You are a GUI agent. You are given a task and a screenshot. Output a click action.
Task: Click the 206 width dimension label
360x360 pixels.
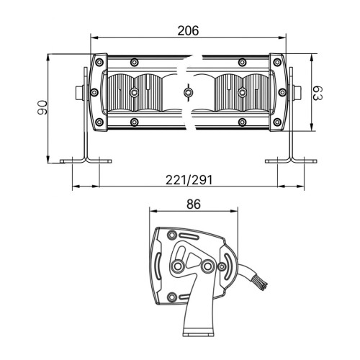[x=188, y=31]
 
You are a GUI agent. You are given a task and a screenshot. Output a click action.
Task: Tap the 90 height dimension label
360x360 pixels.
[x=42, y=107]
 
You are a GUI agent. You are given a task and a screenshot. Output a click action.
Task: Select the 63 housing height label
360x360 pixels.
[x=318, y=93]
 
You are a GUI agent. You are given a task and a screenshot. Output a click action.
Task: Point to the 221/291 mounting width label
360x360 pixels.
[x=189, y=180]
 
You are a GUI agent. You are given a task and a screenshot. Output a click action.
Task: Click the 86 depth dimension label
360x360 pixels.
[x=194, y=204]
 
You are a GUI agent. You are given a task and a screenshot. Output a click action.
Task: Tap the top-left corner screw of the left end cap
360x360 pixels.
[x=99, y=63]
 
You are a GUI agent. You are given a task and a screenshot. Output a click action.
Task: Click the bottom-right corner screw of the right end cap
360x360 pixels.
[x=277, y=122]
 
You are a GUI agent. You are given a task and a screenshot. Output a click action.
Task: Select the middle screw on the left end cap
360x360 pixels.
[x=94, y=92]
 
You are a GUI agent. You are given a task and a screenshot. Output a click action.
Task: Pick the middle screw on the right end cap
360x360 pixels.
[x=282, y=92]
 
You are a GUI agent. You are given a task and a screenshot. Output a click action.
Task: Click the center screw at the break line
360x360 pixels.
[x=188, y=92]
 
